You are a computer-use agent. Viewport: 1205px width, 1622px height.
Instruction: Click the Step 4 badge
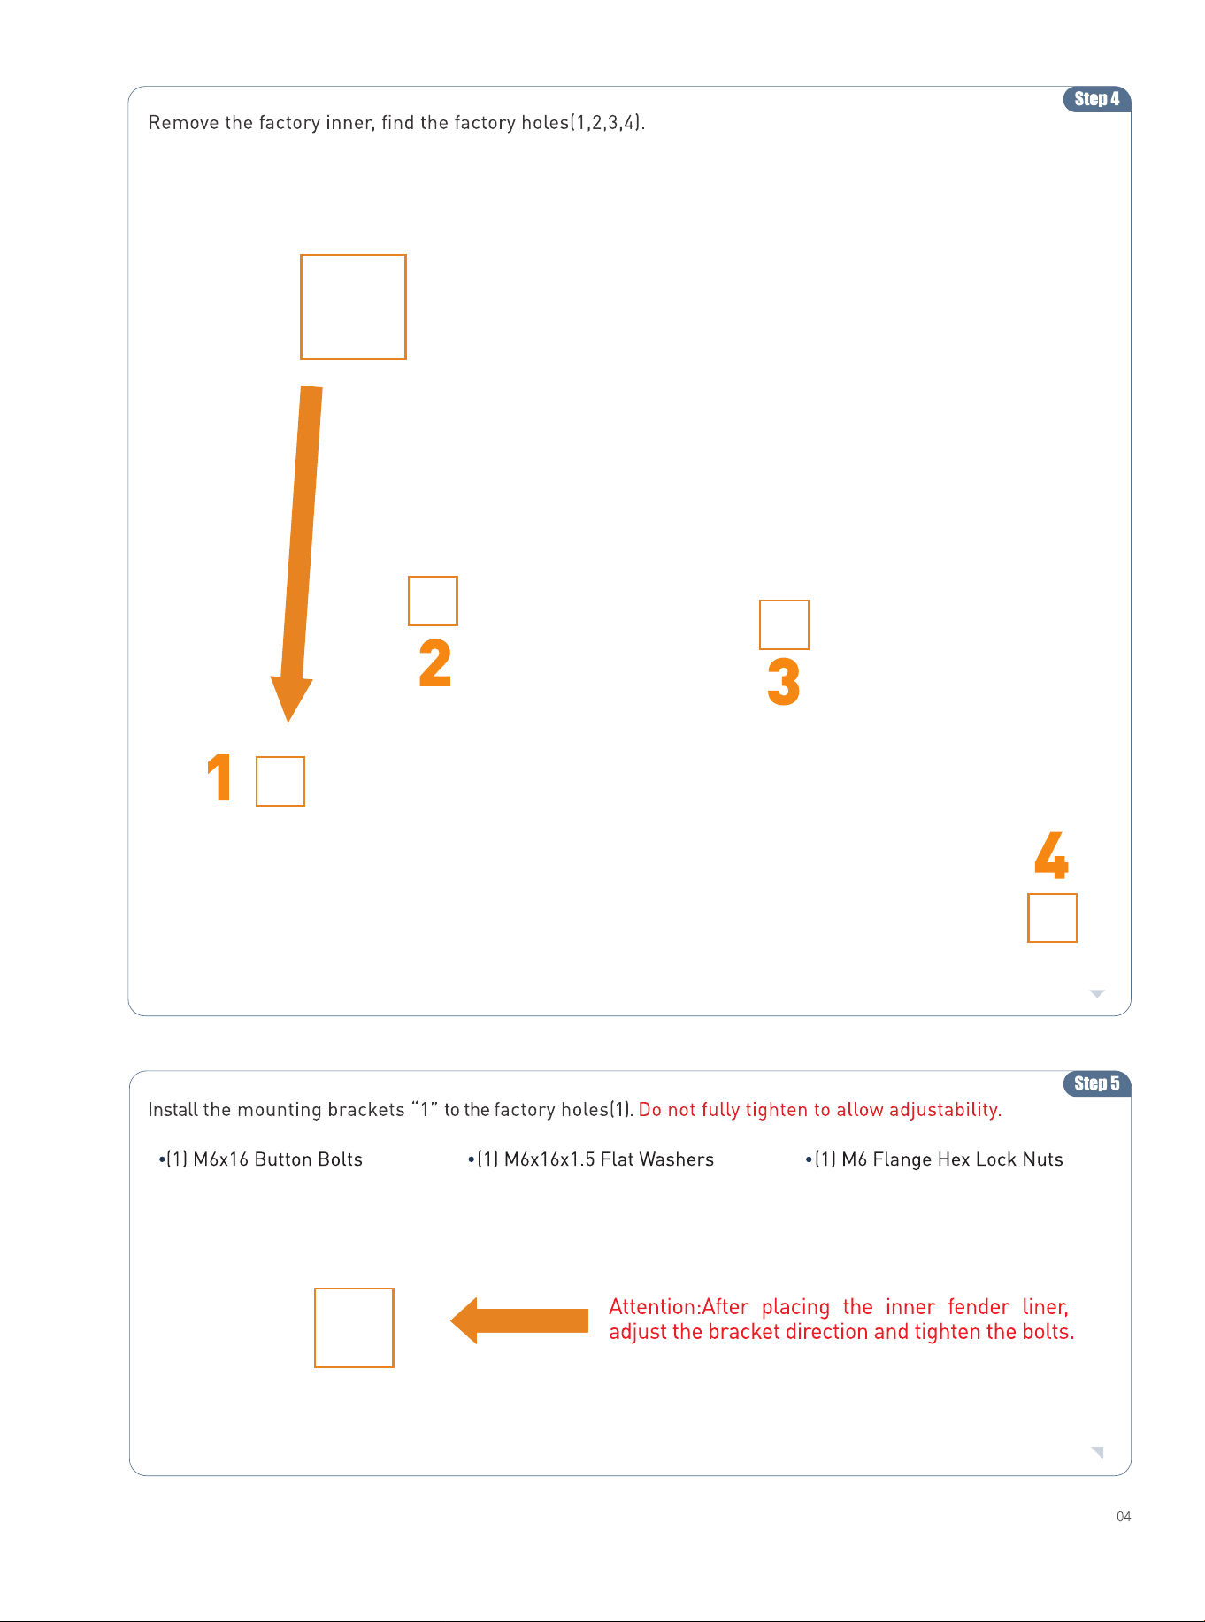pos(1096,99)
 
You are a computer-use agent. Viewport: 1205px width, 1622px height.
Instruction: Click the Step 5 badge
pos(1096,1083)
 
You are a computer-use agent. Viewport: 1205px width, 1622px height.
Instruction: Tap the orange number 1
pos(219,777)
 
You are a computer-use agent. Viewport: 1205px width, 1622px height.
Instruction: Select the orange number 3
pos(784,681)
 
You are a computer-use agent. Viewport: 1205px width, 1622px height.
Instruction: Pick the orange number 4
pos(1052,854)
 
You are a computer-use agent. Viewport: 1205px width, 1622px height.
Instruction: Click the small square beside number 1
pos(280,757)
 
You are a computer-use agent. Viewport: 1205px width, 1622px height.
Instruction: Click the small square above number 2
pos(433,578)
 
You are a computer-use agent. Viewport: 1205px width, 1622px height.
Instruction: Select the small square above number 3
pos(784,601)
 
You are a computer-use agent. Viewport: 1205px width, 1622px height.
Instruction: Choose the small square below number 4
pos(1052,894)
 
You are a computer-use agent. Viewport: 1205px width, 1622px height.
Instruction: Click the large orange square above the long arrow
pos(353,256)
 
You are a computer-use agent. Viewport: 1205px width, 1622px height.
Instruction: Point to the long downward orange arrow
pos(297,554)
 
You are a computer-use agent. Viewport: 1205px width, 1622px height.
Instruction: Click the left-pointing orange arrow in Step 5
pos(519,1320)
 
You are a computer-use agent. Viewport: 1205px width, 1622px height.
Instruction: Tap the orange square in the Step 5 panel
pos(354,1289)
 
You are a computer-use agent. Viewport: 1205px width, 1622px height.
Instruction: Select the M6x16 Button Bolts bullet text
pos(261,1159)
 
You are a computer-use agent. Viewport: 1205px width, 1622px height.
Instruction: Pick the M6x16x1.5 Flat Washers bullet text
pos(591,1159)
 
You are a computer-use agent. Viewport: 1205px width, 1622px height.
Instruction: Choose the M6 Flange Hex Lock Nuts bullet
pos(934,1159)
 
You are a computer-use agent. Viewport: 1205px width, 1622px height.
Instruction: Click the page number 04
pos(1124,1517)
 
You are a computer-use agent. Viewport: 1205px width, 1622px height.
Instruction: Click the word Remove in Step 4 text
pos(184,122)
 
